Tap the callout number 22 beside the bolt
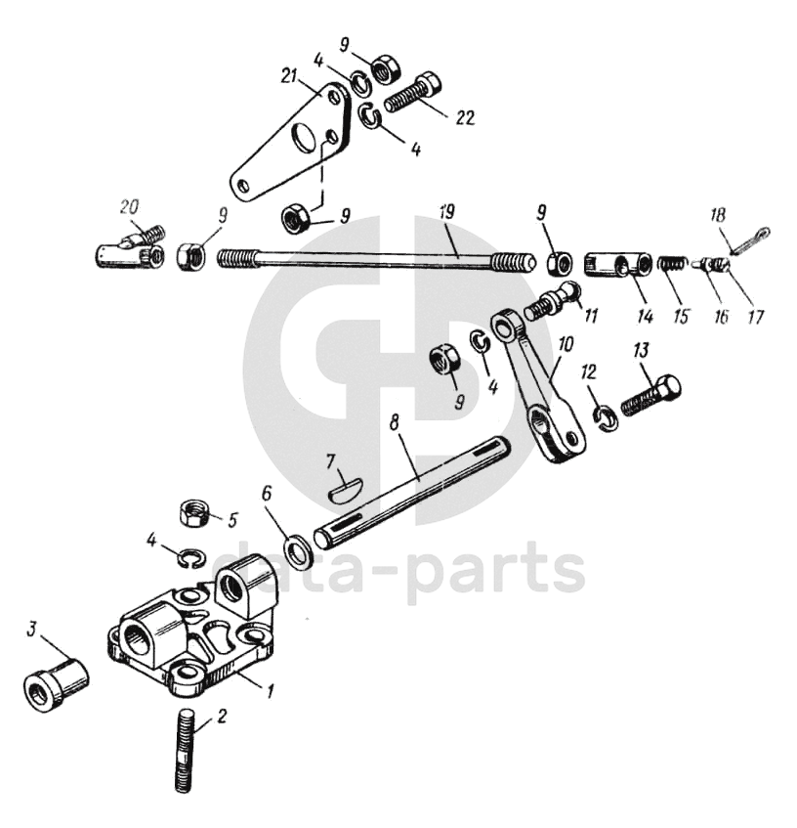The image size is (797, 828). click(465, 117)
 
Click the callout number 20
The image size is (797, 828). click(129, 207)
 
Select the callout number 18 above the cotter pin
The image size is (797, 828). click(718, 215)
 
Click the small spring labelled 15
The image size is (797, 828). click(669, 264)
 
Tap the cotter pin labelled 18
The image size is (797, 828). click(751, 238)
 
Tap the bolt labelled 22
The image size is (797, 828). click(415, 92)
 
